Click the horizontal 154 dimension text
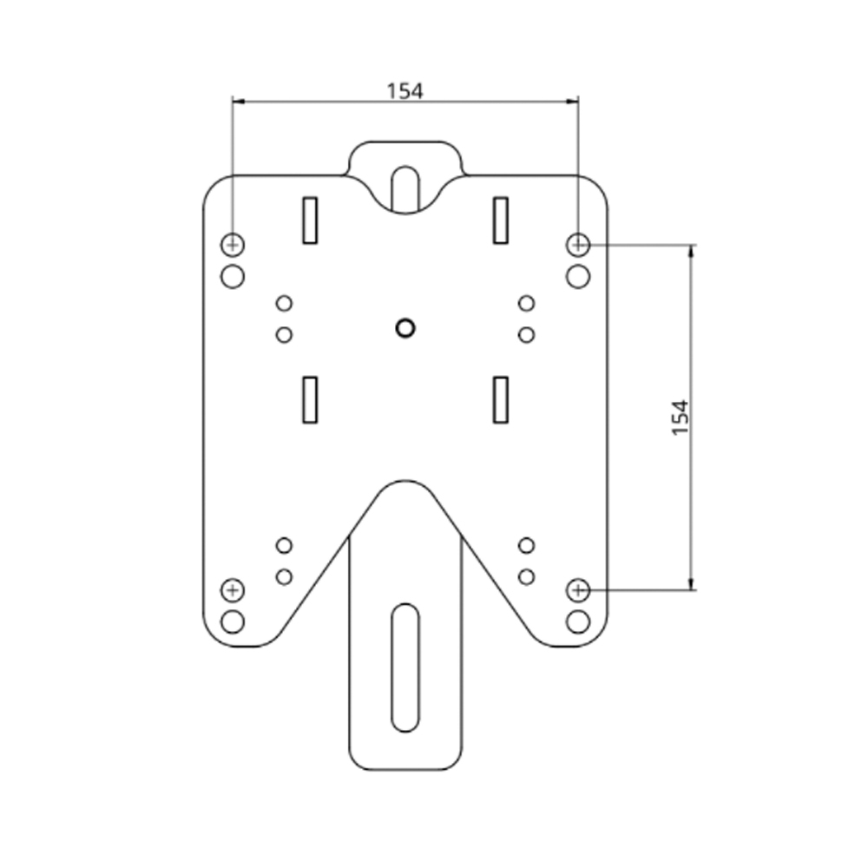tap(404, 90)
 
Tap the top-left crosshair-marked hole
tap(232, 245)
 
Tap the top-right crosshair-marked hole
tap(578, 245)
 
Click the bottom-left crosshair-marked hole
tap(232, 590)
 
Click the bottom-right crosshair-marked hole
tap(578, 590)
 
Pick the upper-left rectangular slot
tap(310, 220)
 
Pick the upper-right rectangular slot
tap(500, 220)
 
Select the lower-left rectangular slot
tap(310, 399)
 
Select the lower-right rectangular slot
tap(500, 399)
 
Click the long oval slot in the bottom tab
tap(404, 667)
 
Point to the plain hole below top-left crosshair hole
tap(232, 277)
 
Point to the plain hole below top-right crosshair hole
tap(578, 277)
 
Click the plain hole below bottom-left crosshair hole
tap(232, 621)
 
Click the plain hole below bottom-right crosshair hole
tap(578, 621)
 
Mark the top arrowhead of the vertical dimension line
tap(691, 251)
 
